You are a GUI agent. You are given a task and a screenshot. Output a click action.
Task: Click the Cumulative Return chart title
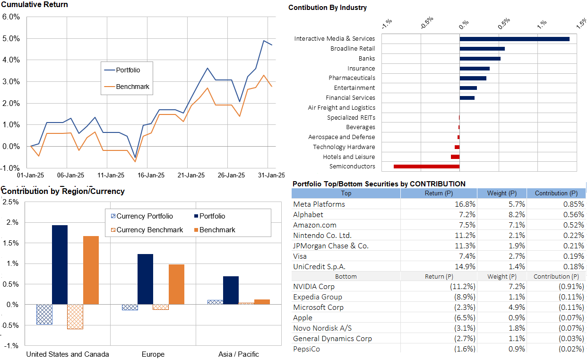pos(35,5)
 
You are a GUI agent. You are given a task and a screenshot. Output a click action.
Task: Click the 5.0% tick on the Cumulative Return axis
pos(11,38)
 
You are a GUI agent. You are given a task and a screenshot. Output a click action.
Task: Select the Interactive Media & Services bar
pos(514,39)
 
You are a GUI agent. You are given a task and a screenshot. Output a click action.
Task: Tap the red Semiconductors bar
pos(426,167)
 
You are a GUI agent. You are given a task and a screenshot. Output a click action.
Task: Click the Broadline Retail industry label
pos(353,49)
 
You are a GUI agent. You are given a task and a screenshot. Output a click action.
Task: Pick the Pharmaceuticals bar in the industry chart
pos(473,78)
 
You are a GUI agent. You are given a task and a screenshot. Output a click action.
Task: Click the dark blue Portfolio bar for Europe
pos(145,279)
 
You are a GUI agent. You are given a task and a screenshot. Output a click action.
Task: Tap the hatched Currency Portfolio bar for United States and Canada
pos(44,314)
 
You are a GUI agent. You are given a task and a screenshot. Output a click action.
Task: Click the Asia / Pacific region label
pos(239,354)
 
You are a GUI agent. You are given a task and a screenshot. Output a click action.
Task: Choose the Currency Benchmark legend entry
pos(149,230)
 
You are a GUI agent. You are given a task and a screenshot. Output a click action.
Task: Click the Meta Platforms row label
pos(319,204)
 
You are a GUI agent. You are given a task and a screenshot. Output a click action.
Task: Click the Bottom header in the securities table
pos(346,276)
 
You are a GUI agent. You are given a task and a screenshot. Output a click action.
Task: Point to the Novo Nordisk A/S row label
pos(322,328)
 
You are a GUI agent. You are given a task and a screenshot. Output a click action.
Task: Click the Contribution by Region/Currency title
pos(63,192)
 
